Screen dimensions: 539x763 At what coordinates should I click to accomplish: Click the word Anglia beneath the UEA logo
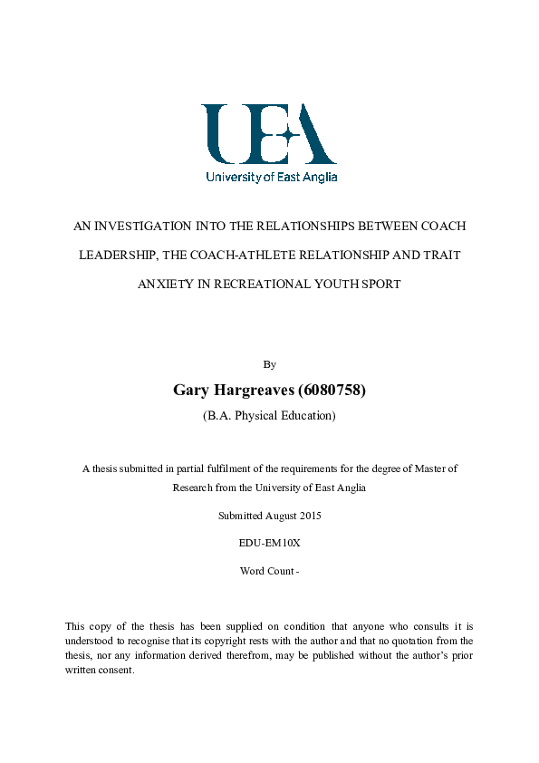(x=320, y=178)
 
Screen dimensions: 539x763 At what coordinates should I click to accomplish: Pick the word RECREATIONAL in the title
(x=257, y=284)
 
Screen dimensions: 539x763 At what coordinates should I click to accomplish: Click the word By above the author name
(x=269, y=364)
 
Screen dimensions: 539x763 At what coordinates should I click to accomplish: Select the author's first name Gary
(x=190, y=391)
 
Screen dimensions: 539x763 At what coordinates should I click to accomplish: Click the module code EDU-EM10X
(x=269, y=544)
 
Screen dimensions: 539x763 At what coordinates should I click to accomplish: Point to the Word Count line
(x=269, y=571)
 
